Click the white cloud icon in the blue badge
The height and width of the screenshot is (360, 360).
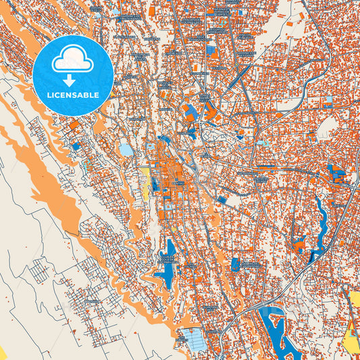tap(72, 60)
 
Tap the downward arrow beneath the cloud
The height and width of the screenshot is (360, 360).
tap(72, 79)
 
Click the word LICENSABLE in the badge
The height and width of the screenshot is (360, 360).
tap(72, 95)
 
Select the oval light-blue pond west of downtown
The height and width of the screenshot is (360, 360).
tap(126, 149)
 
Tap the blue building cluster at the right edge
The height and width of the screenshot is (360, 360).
tap(335, 174)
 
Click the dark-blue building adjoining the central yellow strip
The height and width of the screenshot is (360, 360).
tap(155, 184)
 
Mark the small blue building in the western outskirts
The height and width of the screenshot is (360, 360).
tap(76, 146)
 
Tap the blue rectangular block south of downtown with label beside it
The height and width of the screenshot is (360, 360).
tap(235, 264)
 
